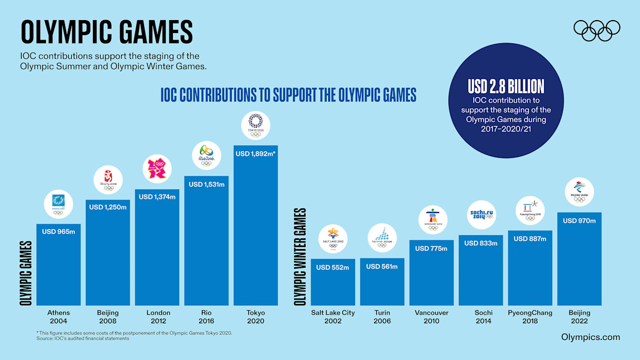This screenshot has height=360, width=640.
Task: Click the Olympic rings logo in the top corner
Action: point(597,30)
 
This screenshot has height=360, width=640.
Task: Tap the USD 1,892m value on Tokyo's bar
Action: point(255,154)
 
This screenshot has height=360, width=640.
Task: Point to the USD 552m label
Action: point(332,268)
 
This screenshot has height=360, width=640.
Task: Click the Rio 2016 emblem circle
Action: point(206,155)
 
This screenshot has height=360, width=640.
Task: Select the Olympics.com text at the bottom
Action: point(590,337)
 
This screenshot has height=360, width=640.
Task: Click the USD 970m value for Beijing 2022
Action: point(579,221)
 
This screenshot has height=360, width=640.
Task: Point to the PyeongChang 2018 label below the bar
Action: point(530,317)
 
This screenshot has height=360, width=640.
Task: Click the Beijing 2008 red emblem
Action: point(108,179)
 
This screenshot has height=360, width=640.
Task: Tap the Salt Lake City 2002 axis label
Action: point(333,317)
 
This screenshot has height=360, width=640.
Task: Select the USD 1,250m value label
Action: point(107,207)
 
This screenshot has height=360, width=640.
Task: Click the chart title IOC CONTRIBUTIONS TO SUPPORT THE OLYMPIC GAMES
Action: point(288,95)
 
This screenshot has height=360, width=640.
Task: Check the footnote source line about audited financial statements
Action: point(83,339)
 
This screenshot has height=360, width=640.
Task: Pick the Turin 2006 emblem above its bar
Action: point(382,238)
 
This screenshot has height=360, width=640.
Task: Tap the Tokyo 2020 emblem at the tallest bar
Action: point(255,125)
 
